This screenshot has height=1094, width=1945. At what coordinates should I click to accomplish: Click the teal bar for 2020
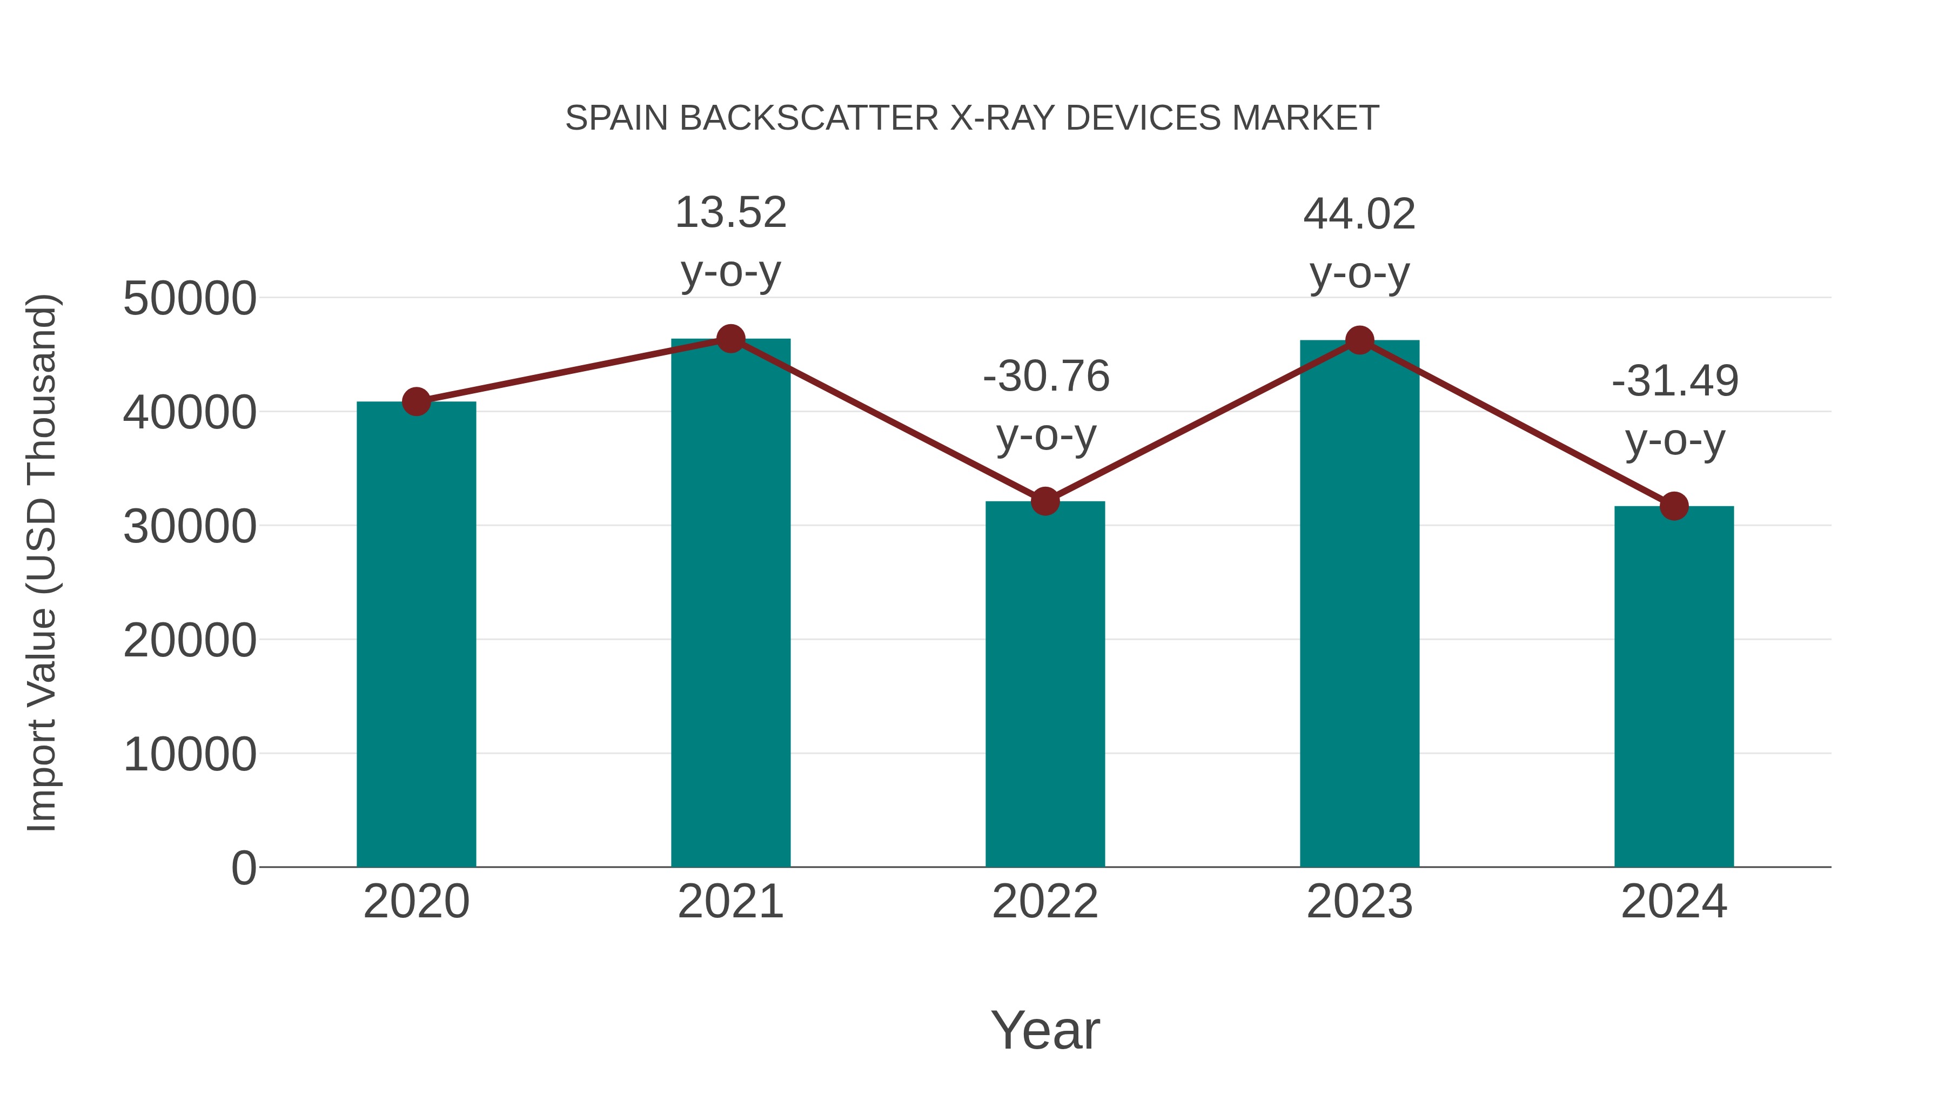416,634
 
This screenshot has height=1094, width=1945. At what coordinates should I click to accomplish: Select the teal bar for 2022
1045,683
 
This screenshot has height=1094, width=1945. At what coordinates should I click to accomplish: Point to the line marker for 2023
1359,340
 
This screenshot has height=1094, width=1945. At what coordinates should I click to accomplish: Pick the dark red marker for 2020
416,401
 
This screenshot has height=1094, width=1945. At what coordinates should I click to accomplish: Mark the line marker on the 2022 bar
1045,501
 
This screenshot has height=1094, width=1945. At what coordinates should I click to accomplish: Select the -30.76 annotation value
1046,376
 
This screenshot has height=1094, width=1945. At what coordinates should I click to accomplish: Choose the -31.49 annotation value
1675,380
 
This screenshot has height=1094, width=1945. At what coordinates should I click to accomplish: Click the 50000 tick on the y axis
190,298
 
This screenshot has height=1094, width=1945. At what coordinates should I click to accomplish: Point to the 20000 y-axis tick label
190,640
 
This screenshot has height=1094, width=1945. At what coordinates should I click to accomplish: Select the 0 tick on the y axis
243,868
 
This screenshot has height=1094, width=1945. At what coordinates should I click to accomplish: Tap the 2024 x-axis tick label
1674,902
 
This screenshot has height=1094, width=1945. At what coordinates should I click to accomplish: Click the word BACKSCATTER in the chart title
809,118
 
